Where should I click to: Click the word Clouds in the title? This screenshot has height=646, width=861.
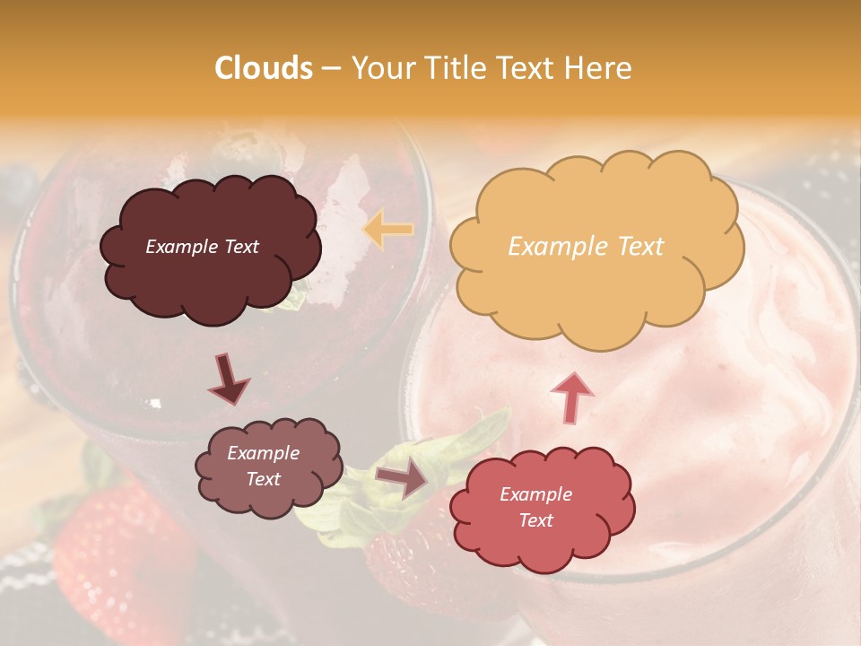click(264, 68)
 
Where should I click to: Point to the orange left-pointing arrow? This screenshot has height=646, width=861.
click(388, 230)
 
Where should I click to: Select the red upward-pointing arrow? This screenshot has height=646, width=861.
click(572, 396)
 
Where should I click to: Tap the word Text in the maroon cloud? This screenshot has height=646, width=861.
click(240, 247)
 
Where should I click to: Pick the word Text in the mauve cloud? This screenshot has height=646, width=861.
click(264, 479)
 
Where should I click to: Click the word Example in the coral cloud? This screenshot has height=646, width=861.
click(535, 494)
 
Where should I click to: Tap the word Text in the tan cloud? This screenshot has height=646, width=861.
click(640, 247)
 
